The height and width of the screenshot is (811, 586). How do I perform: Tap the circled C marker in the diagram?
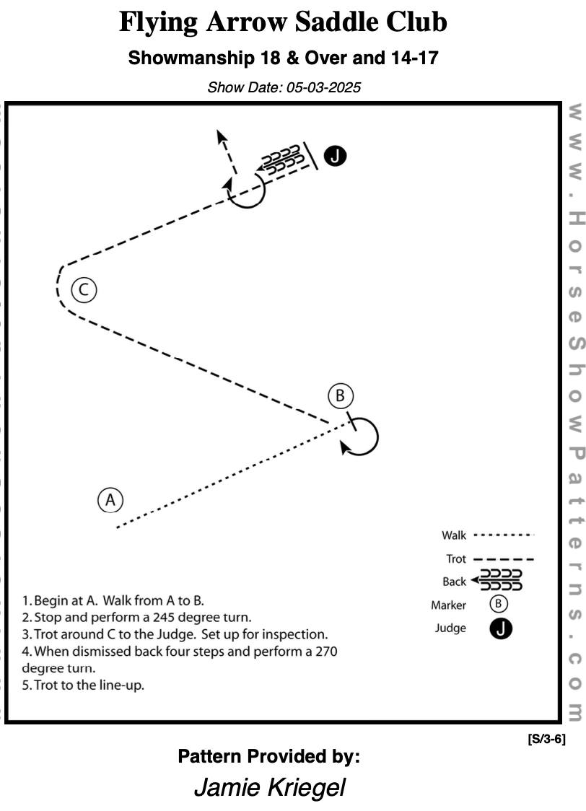[84, 290]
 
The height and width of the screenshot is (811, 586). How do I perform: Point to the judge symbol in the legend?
[501, 628]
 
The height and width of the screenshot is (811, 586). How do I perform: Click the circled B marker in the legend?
[501, 605]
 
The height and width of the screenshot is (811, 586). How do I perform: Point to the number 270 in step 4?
[324, 652]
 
